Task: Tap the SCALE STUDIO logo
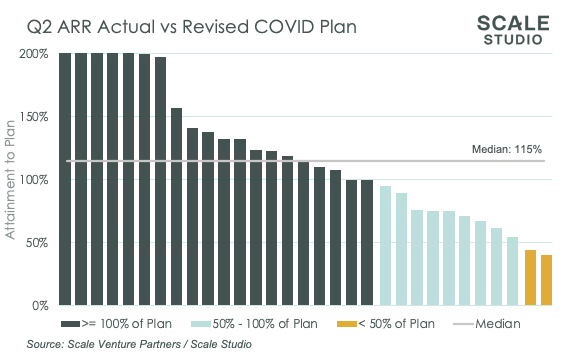tap(513, 30)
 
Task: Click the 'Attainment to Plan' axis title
tap(11, 179)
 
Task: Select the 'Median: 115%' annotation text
tap(507, 149)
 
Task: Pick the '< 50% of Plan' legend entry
tap(387, 324)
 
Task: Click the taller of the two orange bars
tap(530, 277)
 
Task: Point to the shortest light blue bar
tap(513, 271)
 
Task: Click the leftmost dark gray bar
tap(65, 179)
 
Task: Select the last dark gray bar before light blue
tap(367, 242)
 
